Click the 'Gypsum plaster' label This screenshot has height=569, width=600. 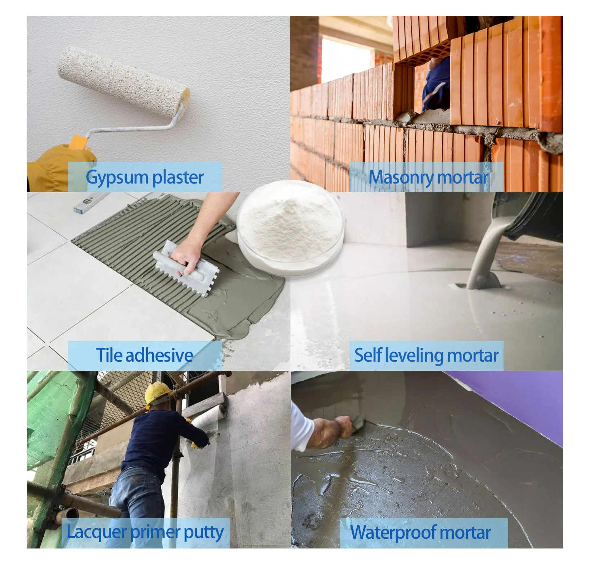145,177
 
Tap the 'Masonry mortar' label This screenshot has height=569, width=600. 428,177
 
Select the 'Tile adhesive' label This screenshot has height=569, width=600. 145,355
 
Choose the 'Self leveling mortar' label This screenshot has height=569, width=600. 427,355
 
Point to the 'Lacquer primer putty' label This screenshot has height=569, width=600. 145,532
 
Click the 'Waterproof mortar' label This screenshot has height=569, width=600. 420,532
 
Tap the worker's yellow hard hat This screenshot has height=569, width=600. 158,394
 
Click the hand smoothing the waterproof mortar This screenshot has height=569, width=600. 333,432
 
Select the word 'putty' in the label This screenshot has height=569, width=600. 204,533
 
